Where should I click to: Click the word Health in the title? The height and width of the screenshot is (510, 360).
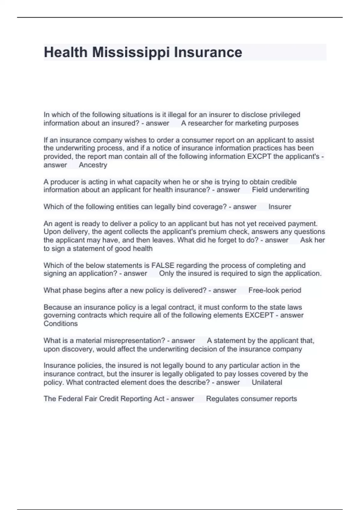(x=65, y=52)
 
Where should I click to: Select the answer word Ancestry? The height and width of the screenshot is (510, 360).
(x=93, y=165)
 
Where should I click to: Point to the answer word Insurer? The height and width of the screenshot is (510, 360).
(x=280, y=207)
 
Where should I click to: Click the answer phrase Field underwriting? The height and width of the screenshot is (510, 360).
(x=280, y=190)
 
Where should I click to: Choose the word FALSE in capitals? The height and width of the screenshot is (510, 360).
(x=163, y=265)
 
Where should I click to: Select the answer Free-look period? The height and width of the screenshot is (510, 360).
(x=274, y=290)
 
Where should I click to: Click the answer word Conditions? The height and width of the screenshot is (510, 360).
(x=61, y=324)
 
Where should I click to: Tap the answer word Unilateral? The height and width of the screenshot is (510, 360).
(x=267, y=382)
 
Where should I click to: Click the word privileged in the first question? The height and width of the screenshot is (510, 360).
(x=284, y=115)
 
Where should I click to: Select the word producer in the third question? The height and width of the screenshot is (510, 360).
(x=64, y=182)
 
